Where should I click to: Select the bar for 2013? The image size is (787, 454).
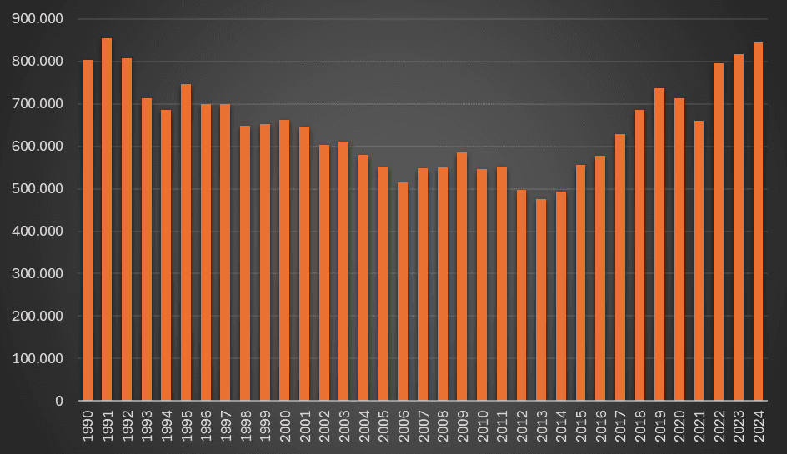pos(541,300)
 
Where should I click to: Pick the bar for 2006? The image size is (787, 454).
pos(403,292)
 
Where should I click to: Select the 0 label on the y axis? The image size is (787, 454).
pos(59,402)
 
